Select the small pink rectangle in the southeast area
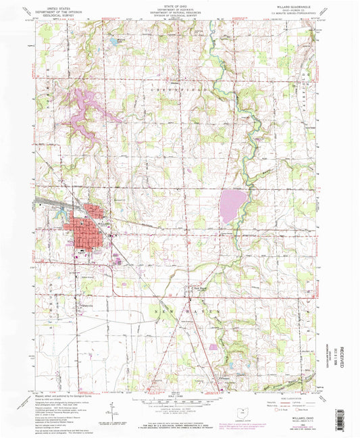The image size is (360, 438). [x=215, y=347]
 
